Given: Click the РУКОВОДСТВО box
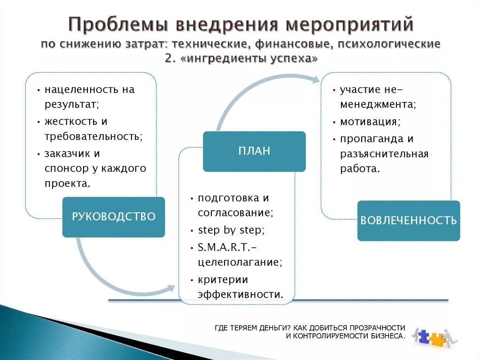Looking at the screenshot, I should coord(113,216).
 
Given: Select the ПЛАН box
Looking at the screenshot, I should coord(254,151).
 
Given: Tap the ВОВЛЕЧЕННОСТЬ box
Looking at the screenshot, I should coord(408,221).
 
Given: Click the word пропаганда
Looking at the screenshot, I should coord(371,139).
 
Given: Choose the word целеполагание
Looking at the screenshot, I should coord(240,261).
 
